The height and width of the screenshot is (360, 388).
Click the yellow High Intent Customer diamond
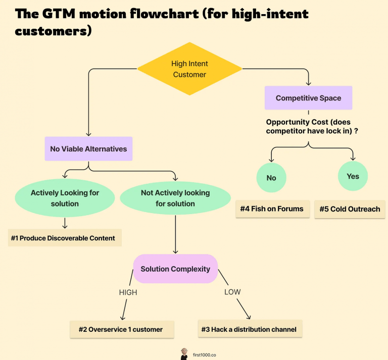pos(189,69)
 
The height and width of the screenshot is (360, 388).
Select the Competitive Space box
pos(308,98)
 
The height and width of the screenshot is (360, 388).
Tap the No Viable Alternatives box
pos(88,149)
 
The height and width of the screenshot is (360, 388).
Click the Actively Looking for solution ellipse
pos(65,198)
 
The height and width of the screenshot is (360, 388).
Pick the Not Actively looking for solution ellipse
pos(175,198)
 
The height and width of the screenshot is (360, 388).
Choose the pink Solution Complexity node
pos(175,269)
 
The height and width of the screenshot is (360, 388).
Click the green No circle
pos(271,178)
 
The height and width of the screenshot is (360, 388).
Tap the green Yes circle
pos(353,176)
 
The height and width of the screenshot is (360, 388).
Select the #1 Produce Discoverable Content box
pos(65,238)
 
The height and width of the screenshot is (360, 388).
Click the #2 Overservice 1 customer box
pos(122,329)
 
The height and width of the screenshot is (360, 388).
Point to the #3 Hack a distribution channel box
pos(250,329)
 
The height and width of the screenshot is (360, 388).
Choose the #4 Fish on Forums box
pos(273,209)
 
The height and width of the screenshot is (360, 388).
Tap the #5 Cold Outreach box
pos(350,209)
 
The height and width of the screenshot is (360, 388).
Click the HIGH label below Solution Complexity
pos(128,292)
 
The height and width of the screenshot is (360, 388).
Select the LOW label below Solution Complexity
pos(232,292)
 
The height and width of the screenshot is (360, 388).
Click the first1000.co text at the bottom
pos(205,355)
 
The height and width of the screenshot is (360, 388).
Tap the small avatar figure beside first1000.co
pos(184,354)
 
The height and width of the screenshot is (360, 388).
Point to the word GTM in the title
pos(59,14)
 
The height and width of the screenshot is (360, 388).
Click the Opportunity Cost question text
pos(312,126)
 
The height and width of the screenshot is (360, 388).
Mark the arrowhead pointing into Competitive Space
pos(308,83)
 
